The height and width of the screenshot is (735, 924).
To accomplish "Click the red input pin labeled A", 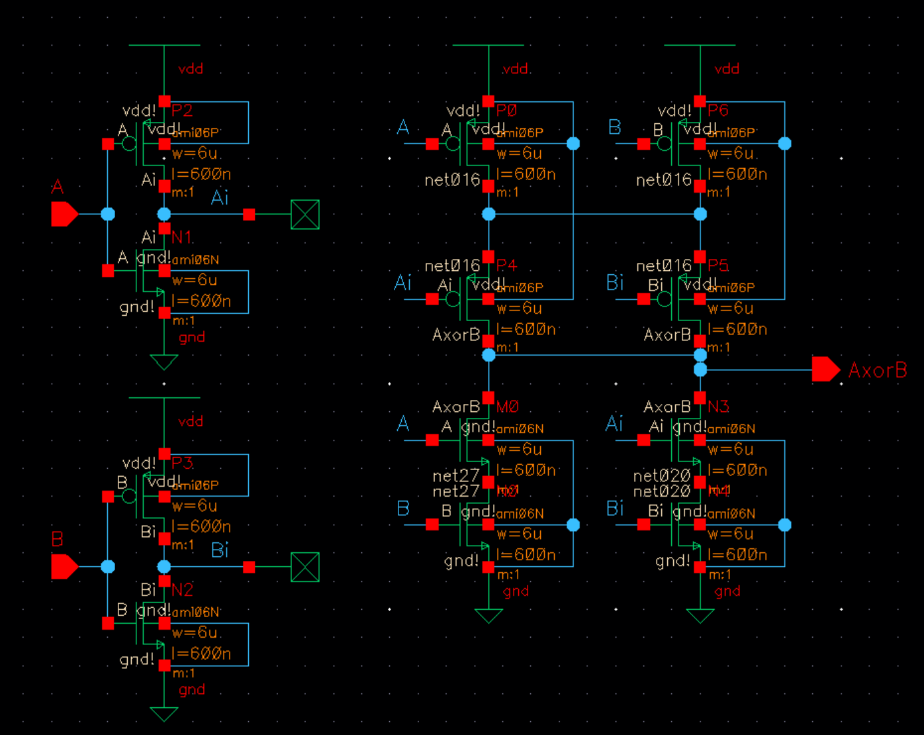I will [64, 214].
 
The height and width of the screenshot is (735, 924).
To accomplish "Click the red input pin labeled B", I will [64, 567].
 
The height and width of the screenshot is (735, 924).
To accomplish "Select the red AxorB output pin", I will [825, 369].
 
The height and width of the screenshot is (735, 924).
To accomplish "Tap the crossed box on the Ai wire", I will [305, 215].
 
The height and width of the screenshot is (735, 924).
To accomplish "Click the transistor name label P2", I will [182, 111].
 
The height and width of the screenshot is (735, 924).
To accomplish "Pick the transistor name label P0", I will [506, 111].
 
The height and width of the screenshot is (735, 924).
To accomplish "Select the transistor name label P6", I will [717, 111].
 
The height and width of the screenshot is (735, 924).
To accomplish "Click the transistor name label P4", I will [506, 266].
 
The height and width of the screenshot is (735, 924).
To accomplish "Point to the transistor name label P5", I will [717, 266].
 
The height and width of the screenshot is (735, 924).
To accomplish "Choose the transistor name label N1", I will [182, 237].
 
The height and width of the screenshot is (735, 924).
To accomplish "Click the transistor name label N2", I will [182, 589].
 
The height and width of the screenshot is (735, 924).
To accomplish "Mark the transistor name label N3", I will [717, 406].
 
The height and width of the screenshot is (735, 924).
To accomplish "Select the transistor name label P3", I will [182, 463].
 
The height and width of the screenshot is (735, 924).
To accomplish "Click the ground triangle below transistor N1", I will [164, 362].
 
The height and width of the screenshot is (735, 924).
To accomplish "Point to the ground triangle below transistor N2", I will [164, 714].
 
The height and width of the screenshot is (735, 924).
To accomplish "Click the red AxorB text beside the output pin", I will [877, 370].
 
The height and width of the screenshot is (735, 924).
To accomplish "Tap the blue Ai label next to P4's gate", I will [402, 283].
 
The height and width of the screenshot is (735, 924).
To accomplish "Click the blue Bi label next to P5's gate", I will [614, 283].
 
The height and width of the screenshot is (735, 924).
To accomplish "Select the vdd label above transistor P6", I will [727, 69].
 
